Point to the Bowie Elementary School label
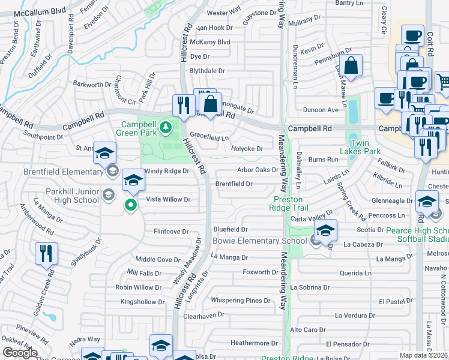pos(260,241)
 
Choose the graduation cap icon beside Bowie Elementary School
pos(325,230)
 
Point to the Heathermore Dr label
pos(255,343)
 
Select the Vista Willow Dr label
pos(168,199)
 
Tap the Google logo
pos(20,353)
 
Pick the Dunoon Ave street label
pos(321,110)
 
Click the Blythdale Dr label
pos(207,70)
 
